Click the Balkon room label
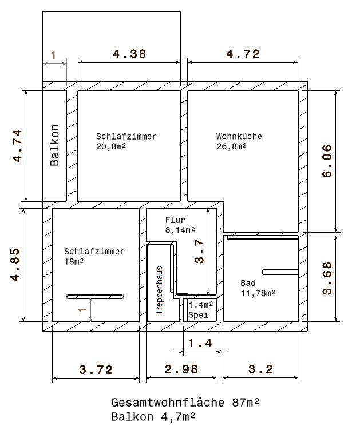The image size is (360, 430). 54,145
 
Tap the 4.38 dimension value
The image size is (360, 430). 129,54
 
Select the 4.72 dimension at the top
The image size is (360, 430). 243,54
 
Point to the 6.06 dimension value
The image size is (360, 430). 327,161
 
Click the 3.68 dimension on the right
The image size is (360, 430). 327,278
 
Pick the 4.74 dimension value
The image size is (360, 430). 17,146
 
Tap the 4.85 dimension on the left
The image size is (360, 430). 15,265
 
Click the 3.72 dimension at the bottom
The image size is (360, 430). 96,369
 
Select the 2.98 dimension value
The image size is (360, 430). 181,369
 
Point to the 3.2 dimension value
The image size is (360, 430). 260,369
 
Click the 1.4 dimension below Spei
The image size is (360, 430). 200,343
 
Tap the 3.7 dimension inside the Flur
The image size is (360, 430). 200,252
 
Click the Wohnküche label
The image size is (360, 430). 239,136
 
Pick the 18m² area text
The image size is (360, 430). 74,262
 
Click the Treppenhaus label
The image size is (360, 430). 159,290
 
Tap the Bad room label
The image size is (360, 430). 248,282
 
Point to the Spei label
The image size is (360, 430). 199,315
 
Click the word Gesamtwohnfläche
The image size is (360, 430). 168,403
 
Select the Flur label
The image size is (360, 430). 175,220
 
